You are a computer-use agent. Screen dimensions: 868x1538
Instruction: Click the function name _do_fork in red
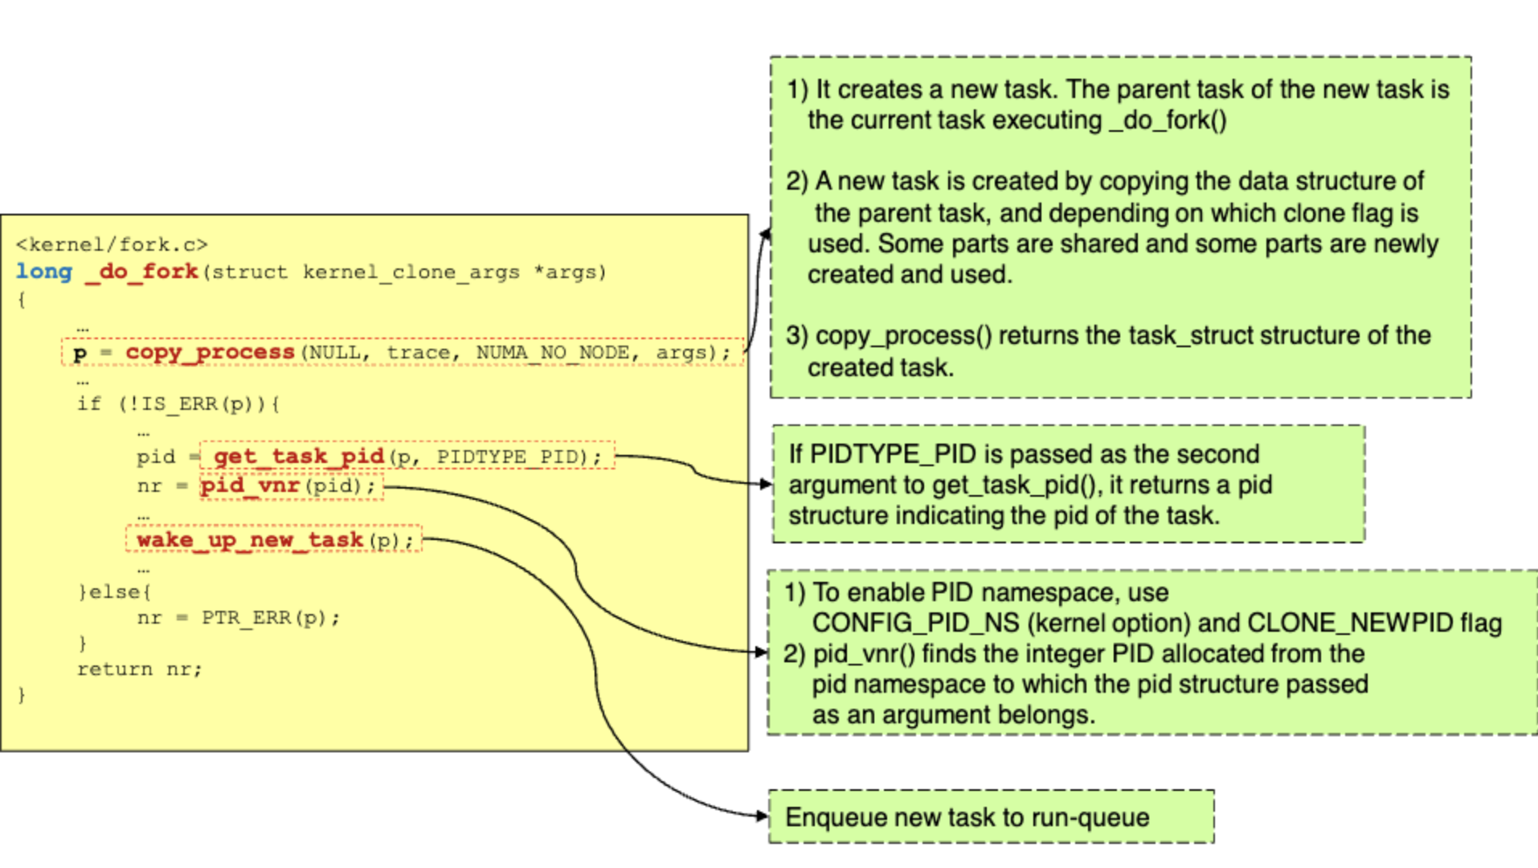tap(142, 272)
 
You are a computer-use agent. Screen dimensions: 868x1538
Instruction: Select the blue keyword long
tap(44, 272)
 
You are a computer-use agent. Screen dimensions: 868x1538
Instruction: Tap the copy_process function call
tap(211, 353)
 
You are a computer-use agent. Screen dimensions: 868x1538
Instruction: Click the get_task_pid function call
tap(299, 457)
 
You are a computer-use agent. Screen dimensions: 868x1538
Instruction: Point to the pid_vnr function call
tap(250, 486)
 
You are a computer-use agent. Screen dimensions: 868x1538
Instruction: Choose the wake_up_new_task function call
tap(250, 539)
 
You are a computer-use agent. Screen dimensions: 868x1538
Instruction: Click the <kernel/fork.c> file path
tap(112, 244)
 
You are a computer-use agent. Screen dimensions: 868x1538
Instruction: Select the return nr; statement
tap(139, 669)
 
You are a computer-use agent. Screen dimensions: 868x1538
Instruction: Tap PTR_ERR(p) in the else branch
tap(270, 618)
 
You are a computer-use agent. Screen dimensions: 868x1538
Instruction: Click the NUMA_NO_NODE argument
tap(553, 353)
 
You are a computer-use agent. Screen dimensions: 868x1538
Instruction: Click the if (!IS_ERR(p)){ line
tap(178, 403)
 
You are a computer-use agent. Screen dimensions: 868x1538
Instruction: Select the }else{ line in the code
tap(114, 592)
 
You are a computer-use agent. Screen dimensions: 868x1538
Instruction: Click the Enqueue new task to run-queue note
tap(967, 817)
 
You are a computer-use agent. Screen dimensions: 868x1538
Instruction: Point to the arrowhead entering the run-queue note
tap(763, 816)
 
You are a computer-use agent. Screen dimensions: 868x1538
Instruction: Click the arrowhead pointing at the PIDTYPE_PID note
tap(766, 484)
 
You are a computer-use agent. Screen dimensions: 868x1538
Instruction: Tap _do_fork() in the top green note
tap(1167, 121)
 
